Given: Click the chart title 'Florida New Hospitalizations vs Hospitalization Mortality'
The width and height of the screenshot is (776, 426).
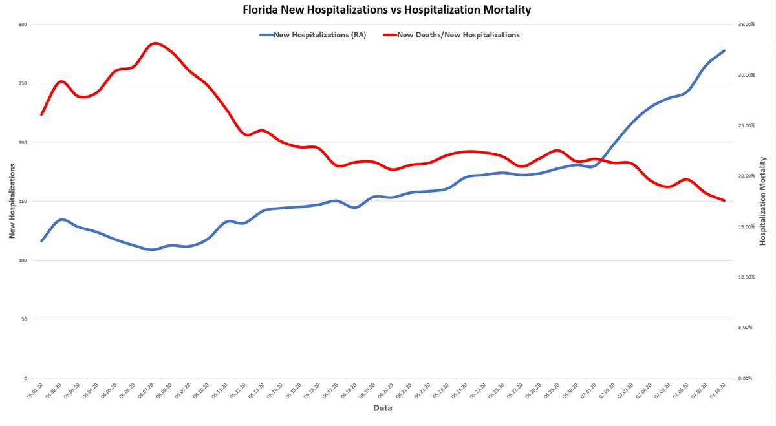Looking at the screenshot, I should (387, 10).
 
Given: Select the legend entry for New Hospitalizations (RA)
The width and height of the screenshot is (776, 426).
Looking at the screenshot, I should (314, 35).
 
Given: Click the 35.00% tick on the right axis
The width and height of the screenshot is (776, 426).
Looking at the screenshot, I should (747, 25).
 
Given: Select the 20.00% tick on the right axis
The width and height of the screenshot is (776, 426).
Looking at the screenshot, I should (747, 176).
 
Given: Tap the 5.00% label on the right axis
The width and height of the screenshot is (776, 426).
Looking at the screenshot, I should (748, 327).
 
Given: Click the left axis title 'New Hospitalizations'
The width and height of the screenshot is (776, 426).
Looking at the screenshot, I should (12, 201).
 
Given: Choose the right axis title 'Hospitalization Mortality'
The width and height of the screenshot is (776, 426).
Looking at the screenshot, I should (763, 201).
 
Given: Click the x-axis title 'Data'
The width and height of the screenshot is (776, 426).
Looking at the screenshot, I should (382, 408).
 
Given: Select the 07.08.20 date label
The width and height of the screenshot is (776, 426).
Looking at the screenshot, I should (719, 392).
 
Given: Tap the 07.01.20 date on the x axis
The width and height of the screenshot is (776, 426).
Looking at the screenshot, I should (590, 392).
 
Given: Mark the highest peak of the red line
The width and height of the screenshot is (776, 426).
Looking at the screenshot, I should (154, 43).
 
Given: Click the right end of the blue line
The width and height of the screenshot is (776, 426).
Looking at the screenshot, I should (724, 50).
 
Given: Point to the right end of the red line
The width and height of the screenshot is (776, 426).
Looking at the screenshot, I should (724, 200).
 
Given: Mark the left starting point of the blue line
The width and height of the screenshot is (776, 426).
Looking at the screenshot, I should (41, 241).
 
